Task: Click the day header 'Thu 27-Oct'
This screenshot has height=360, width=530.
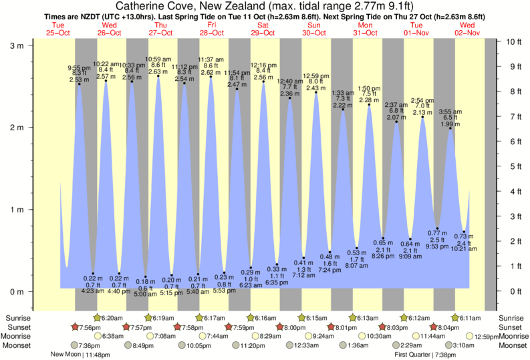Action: pyautogui.click(x=161, y=28)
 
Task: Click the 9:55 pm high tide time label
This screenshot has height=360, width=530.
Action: pyautogui.click(x=79, y=67)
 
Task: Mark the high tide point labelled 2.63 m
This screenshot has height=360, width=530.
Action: pyautogui.click(x=158, y=76)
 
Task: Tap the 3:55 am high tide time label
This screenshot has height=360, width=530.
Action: pyautogui.click(x=450, y=112)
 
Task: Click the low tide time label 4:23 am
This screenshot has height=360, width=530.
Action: pyautogui.click(x=93, y=291)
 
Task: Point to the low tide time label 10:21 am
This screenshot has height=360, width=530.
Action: pyautogui.click(x=464, y=249)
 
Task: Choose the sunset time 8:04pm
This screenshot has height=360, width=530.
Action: pyautogui.click(x=450, y=327)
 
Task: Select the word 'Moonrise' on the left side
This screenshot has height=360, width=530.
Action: pyautogui.click(x=17, y=336)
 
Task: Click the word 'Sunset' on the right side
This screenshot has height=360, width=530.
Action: pyautogui.click(x=512, y=327)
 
